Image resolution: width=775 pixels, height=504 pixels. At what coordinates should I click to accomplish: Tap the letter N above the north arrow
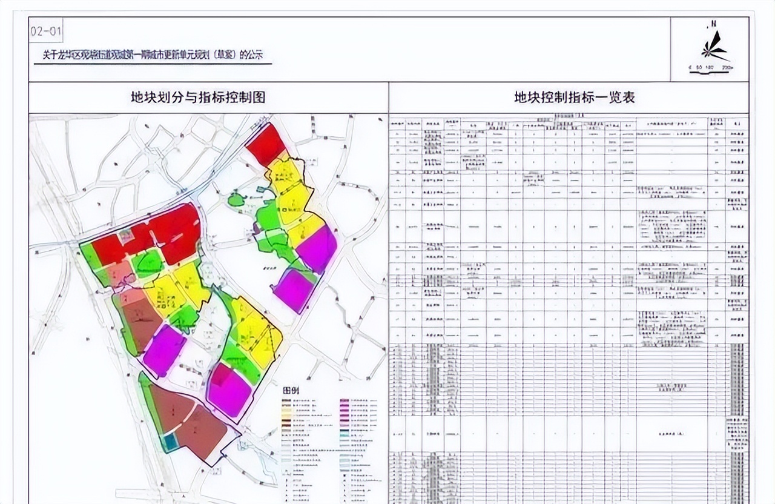point(714,24)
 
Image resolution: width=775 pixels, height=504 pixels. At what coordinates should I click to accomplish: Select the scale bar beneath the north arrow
point(711,68)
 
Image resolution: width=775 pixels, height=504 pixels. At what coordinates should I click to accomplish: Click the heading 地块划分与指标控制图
point(199,97)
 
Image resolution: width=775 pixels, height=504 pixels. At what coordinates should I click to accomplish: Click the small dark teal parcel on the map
point(170,442)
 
